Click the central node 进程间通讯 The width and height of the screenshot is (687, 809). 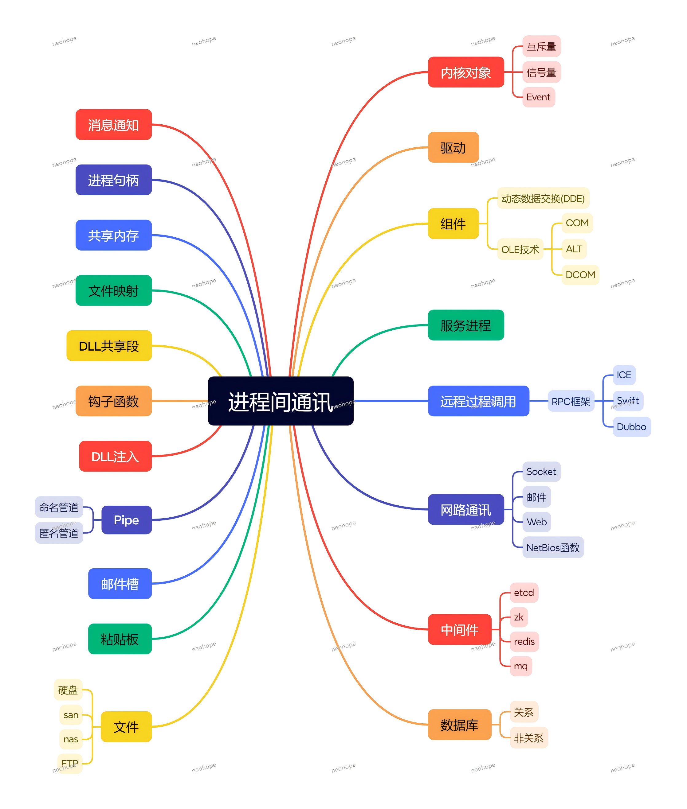tap(281, 401)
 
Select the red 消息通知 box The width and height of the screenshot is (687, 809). tap(113, 125)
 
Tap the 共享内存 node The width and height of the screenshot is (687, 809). tap(113, 235)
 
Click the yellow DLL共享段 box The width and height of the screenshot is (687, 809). tap(109, 345)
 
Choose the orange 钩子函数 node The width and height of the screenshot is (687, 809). tap(113, 401)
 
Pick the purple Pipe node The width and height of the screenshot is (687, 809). tap(126, 519)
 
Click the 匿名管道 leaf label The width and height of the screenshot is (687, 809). tap(59, 533)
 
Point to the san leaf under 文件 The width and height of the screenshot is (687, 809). tap(71, 714)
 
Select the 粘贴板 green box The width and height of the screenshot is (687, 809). tap(120, 639)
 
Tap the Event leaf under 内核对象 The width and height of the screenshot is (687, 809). tap(538, 97)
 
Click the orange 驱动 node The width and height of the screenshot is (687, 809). tap(453, 147)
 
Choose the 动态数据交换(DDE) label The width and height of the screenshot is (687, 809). tap(543, 198)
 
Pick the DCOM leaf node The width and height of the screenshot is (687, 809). tap(580, 275)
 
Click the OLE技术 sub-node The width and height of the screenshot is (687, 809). tap(520, 249)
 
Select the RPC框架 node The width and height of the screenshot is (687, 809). tap(571, 401)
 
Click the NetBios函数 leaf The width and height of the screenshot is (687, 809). tap(553, 547)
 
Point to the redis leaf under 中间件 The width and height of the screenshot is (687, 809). tap(524, 641)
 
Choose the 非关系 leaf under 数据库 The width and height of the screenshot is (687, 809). tap(528, 737)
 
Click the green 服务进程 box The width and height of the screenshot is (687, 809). tap(465, 325)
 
